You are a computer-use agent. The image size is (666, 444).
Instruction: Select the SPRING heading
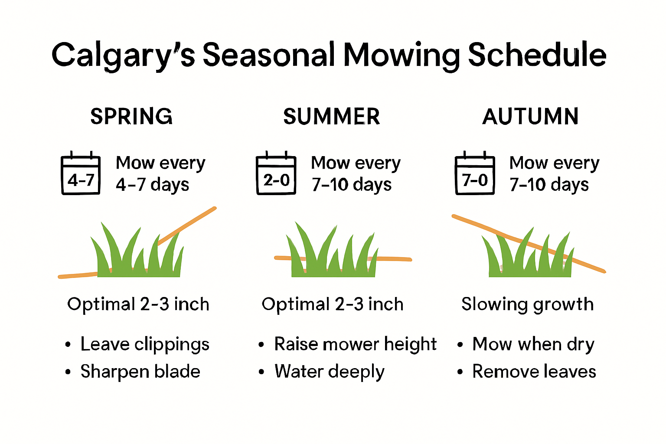coord(131,116)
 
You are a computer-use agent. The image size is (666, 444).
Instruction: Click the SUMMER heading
coord(332,116)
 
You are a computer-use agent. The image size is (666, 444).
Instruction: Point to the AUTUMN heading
coord(530,116)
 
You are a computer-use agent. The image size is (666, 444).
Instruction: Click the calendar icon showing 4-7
coord(81,174)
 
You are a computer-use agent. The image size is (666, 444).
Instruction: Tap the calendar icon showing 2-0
coord(276,174)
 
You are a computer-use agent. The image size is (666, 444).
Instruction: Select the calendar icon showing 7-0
coord(475,174)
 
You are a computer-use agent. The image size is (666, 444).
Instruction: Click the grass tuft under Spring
coord(138,254)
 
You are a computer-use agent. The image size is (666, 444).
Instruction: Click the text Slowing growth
coord(527,304)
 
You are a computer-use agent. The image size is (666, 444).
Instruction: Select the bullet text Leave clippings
coord(145,344)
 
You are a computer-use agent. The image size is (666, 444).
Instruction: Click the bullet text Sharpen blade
coord(140,372)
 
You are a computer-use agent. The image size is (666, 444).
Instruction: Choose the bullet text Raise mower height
coord(355,344)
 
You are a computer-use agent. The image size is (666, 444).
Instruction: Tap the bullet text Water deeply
coord(329,372)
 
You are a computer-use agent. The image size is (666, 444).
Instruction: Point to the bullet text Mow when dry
coord(533,344)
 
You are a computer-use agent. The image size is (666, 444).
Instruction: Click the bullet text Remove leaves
coord(534,372)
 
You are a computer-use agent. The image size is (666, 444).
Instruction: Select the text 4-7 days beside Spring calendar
coord(152,185)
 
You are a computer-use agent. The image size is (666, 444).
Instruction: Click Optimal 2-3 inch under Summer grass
coord(333,304)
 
